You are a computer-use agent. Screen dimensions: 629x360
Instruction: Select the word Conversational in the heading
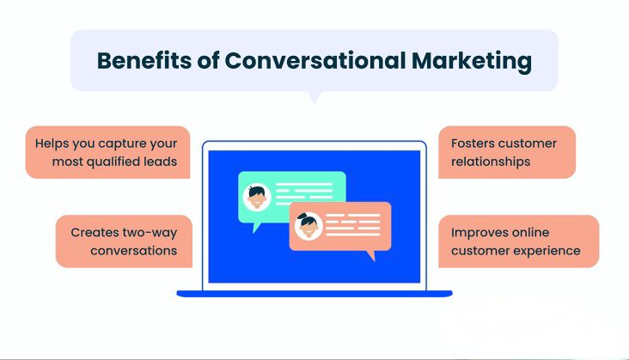(315, 60)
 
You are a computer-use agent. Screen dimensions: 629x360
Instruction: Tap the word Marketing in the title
(472, 61)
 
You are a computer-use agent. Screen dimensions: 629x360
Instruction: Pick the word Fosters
(470, 143)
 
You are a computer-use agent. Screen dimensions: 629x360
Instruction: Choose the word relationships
(491, 162)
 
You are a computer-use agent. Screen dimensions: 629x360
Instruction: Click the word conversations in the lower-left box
(133, 251)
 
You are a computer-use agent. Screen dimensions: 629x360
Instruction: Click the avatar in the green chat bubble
(257, 197)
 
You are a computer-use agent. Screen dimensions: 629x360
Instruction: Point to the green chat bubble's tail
(256, 228)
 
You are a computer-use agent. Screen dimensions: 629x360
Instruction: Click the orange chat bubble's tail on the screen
(371, 255)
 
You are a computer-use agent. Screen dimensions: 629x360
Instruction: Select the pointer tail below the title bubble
(314, 96)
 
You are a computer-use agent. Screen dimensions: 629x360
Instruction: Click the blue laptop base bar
(314, 294)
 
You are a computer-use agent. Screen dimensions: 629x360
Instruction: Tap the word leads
(164, 162)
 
